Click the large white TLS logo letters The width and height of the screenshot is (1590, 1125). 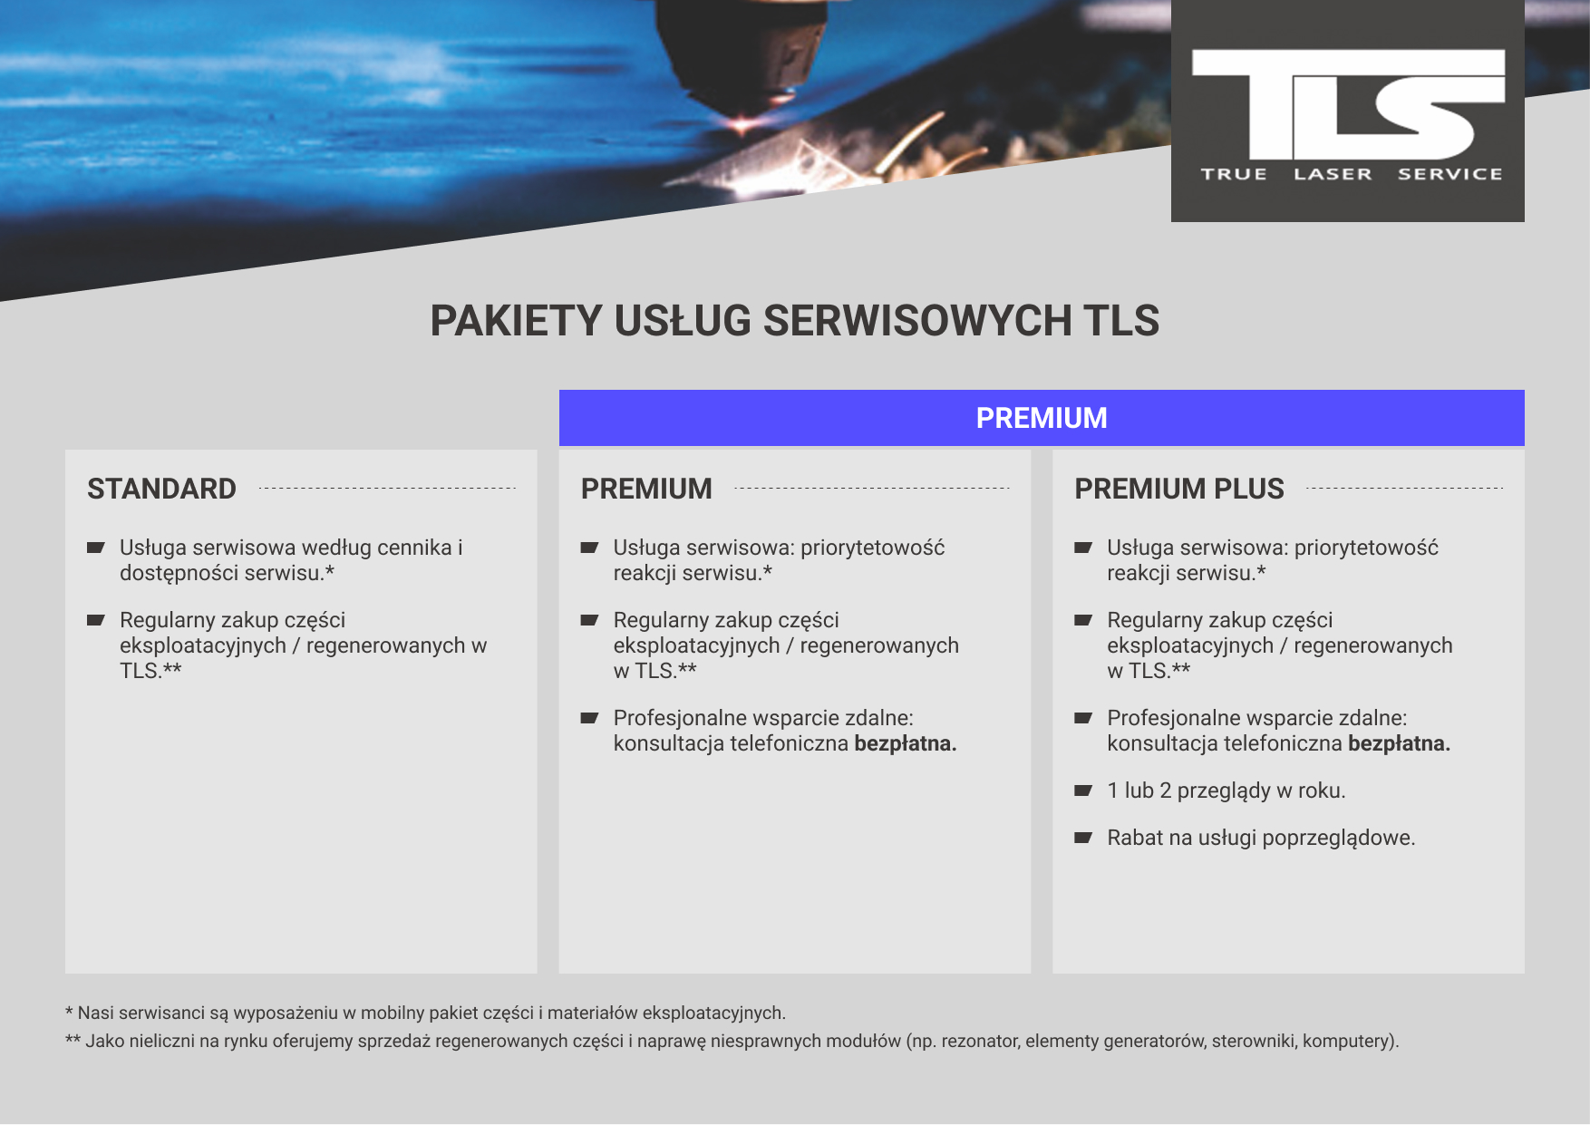[x=1347, y=104]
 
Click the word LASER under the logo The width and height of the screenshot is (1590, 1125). [x=1333, y=174]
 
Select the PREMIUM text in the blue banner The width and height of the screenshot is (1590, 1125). [x=1042, y=418]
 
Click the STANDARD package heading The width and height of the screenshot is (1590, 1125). [x=161, y=489]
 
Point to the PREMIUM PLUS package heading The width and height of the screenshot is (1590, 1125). [x=1178, y=489]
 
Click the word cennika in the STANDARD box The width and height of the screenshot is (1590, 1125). [x=414, y=548]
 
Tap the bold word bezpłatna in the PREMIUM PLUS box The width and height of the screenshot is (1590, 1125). [x=1399, y=743]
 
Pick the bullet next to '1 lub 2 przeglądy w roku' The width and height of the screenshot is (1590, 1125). [x=1083, y=790]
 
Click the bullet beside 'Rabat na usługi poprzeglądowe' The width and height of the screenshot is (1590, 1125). [x=1083, y=838]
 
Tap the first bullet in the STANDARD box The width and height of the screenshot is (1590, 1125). [x=96, y=548]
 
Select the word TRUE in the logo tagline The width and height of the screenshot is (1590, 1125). [x=1234, y=174]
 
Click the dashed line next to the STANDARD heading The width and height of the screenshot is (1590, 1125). [x=387, y=489]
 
